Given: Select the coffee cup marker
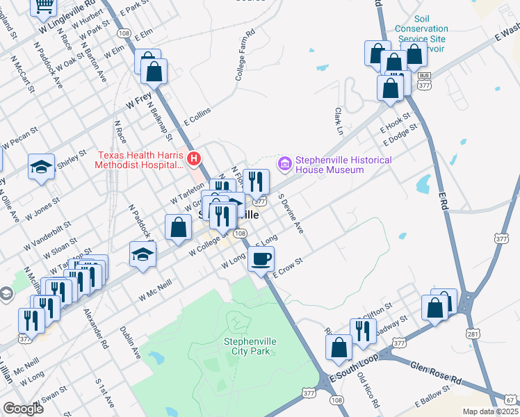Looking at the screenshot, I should click(261, 259).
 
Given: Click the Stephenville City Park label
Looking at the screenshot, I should click(245, 345).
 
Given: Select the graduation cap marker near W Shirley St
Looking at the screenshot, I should click(41, 167).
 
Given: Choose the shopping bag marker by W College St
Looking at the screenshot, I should click(179, 227).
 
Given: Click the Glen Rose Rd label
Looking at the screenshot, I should click(436, 374).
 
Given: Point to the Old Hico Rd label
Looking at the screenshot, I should click(368, 391).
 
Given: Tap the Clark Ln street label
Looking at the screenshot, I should click(339, 121).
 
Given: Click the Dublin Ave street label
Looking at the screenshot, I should click(130, 343).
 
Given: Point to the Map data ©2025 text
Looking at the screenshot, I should click(490, 411).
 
